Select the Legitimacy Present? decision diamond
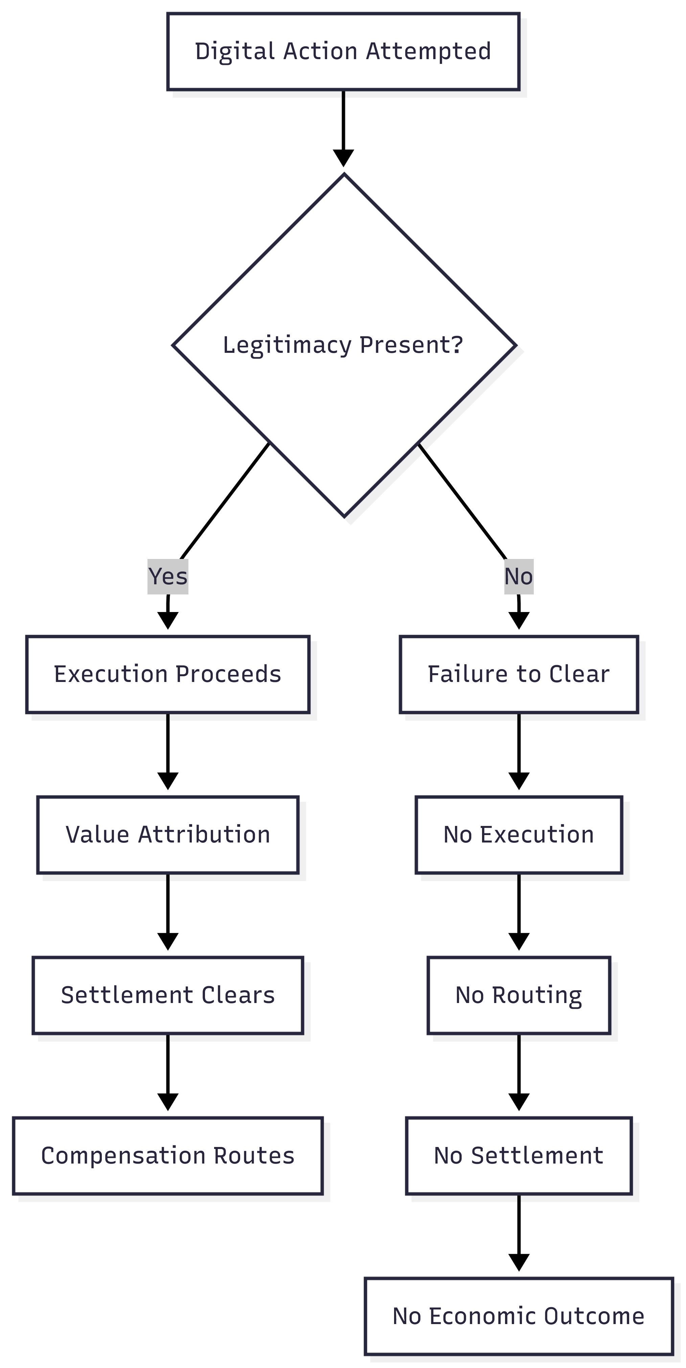click(x=344, y=345)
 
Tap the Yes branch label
click(x=168, y=576)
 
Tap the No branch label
click(x=519, y=576)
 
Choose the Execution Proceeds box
click(x=168, y=674)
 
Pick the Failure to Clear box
click(x=519, y=674)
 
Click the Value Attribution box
click(x=168, y=835)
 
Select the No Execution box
click(x=519, y=835)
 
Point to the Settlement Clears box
click(x=168, y=995)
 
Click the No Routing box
click(x=519, y=995)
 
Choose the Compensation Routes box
click(x=168, y=1156)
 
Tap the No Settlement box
click(x=519, y=1156)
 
